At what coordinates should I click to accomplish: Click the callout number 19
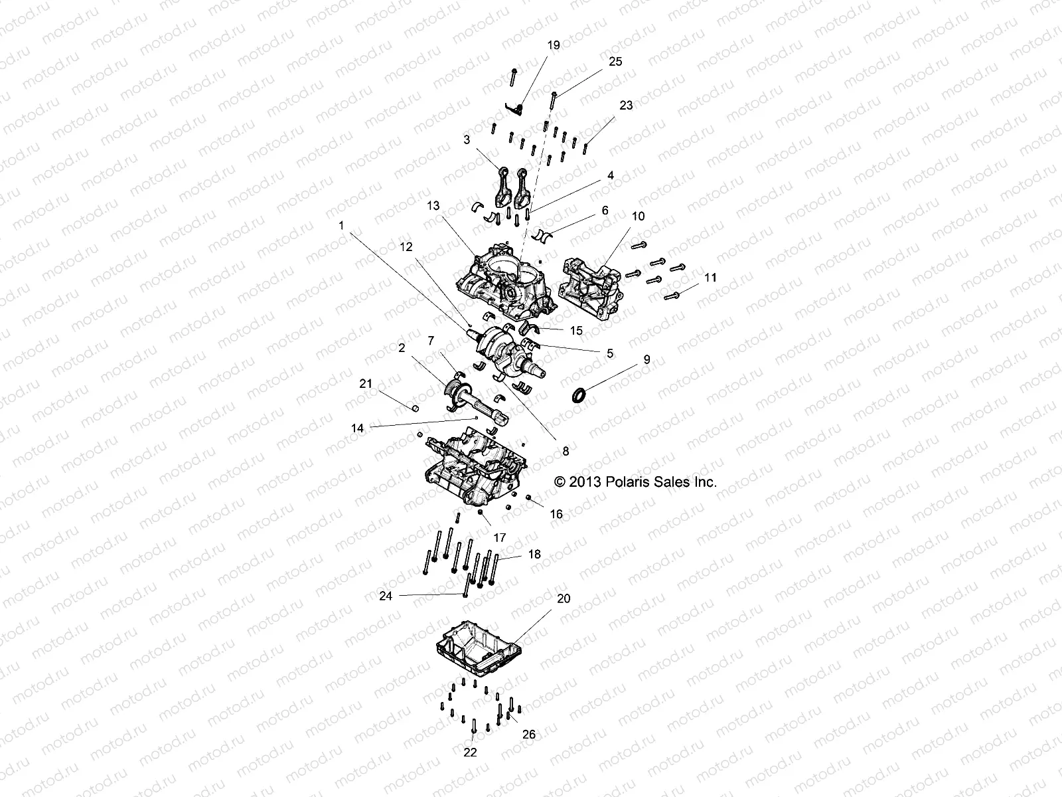click(554, 45)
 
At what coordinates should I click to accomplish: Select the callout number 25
click(615, 61)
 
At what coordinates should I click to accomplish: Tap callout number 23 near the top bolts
click(626, 105)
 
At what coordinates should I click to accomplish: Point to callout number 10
click(638, 216)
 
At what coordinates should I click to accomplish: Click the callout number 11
click(711, 278)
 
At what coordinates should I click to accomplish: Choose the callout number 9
click(646, 359)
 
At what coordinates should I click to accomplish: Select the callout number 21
click(366, 383)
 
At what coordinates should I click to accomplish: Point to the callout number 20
click(564, 598)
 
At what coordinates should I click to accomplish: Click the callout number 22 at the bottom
click(471, 753)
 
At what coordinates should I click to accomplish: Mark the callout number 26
click(529, 735)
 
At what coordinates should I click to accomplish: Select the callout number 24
click(386, 596)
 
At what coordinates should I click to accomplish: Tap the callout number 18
click(534, 553)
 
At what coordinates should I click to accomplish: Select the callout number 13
click(433, 206)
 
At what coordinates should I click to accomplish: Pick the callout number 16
click(556, 514)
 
